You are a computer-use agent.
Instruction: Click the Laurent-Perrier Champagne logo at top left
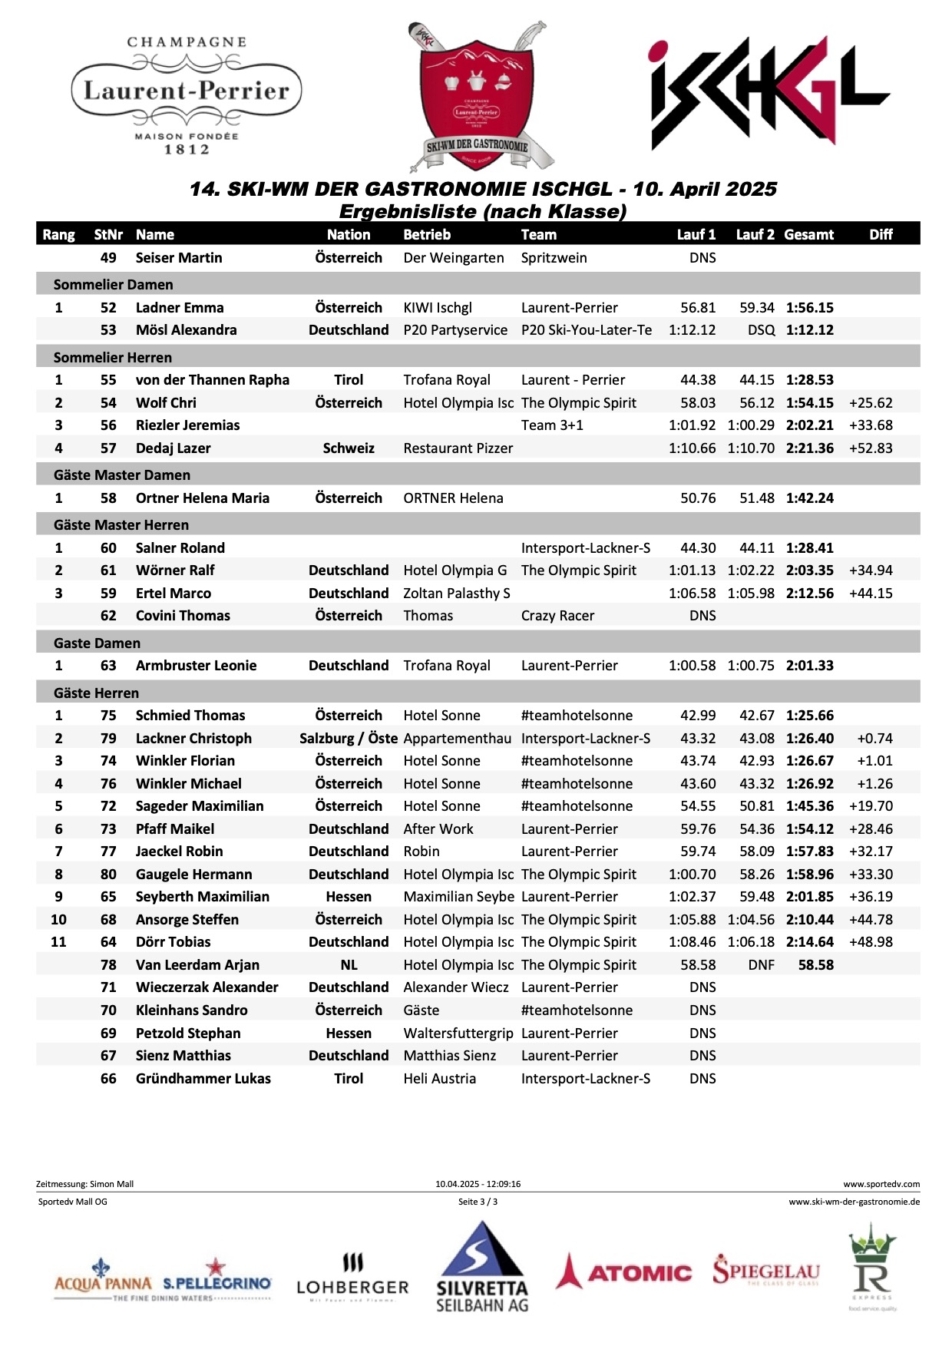pyautogui.click(x=187, y=94)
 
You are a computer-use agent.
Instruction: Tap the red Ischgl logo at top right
pyautogui.click(x=769, y=93)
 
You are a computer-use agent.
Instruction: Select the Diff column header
pyautogui.click(x=881, y=235)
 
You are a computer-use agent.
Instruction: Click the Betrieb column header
pyautogui.click(x=427, y=235)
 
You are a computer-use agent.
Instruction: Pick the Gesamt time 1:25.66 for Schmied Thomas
pyautogui.click(x=809, y=716)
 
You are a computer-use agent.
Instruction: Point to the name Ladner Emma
pyautogui.click(x=180, y=308)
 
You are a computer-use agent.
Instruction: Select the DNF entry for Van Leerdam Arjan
pyautogui.click(x=761, y=965)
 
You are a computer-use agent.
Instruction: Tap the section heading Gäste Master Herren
pyautogui.click(x=121, y=525)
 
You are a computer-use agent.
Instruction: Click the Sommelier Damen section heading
pyautogui.click(x=114, y=285)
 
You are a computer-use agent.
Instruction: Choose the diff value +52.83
pyautogui.click(x=871, y=448)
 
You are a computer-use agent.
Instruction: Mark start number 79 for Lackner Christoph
pyautogui.click(x=108, y=739)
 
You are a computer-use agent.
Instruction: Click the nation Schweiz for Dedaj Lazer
pyautogui.click(x=349, y=448)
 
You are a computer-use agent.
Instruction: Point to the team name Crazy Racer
pyautogui.click(x=557, y=616)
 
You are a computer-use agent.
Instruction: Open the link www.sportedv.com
pyautogui.click(x=881, y=1184)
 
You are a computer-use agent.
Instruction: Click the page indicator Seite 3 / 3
pyautogui.click(x=478, y=1202)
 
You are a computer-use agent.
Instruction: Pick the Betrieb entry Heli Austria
pyautogui.click(x=439, y=1079)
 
